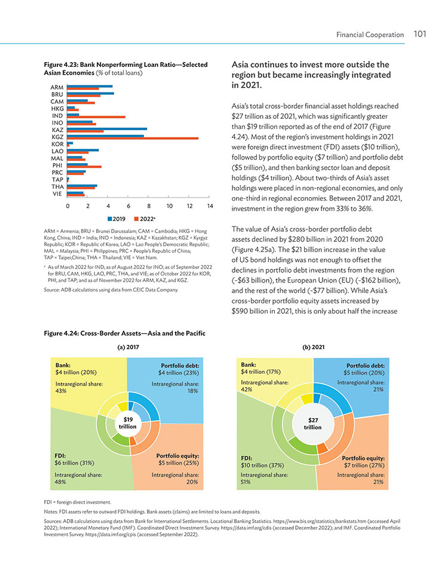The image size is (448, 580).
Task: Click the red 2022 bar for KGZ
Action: (133, 139)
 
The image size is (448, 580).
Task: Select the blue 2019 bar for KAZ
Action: (107, 129)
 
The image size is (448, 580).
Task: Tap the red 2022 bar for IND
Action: (96, 117)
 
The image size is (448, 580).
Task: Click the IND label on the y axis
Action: (57, 116)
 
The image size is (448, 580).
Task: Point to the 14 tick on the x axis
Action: (210, 206)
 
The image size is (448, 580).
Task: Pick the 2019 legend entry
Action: (116, 219)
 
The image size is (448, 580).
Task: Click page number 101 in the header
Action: (420, 34)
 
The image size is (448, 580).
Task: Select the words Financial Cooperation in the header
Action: (370, 35)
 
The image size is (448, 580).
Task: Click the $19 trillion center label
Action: (128, 423)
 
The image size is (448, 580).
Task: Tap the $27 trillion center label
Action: (313, 424)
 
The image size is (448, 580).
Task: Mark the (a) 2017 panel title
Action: (128, 347)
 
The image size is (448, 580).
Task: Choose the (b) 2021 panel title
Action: (314, 347)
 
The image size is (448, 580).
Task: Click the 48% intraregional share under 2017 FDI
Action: (60, 481)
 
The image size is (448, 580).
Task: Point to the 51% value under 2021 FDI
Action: (246, 481)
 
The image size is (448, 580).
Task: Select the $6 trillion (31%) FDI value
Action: (74, 463)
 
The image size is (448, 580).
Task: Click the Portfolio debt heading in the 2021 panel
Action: (366, 366)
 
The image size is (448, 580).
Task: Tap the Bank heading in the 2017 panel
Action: (63, 365)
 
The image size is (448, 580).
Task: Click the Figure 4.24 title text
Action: (125, 333)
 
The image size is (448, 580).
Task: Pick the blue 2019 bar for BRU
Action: (90, 93)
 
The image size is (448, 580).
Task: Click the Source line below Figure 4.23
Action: (111, 290)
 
